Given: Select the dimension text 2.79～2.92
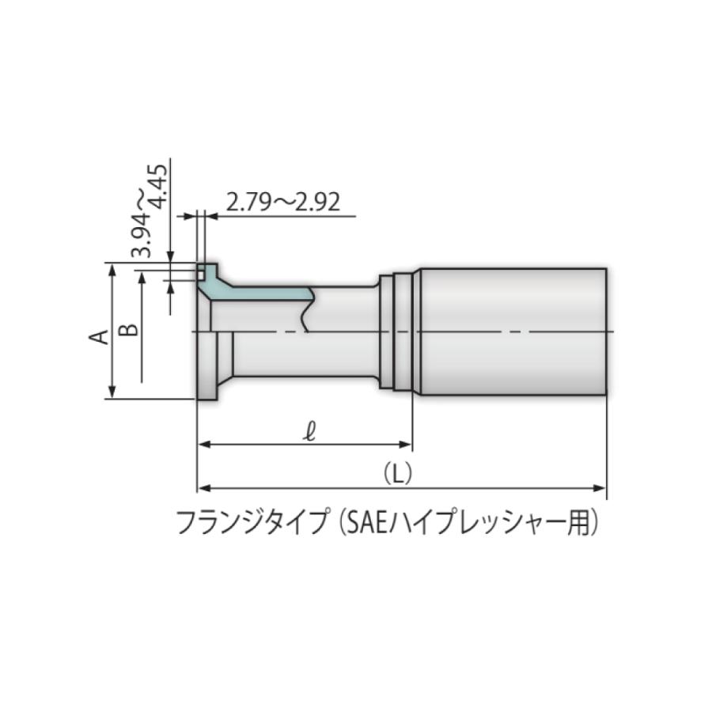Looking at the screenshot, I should pos(282,203).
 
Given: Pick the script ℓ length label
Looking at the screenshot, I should pos(310,431).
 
